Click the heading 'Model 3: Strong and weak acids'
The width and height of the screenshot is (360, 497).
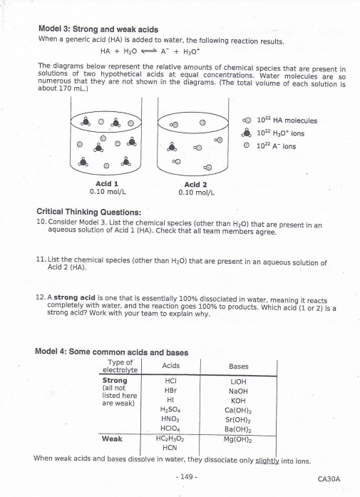pos(97,29)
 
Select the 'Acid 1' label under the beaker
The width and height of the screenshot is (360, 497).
pos(106,184)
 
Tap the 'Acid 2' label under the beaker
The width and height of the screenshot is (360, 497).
pos(195,184)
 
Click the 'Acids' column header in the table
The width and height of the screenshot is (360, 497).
pos(170,366)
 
